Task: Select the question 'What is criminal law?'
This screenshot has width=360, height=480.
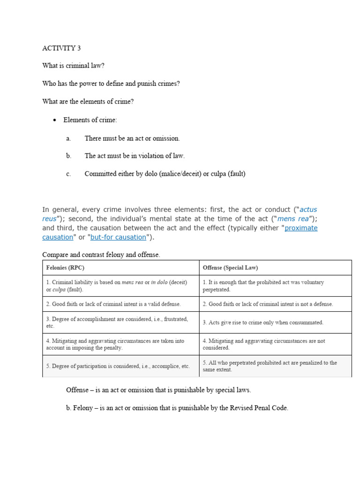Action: [74, 66]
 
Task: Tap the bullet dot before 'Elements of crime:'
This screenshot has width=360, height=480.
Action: [54, 120]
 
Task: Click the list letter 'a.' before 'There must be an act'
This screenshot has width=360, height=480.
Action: [69, 138]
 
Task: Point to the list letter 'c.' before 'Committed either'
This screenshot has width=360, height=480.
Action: [69, 174]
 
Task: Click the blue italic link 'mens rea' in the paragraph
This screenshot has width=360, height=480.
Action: [293, 219]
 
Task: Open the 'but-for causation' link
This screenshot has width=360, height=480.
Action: [118, 237]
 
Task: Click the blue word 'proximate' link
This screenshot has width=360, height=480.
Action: [301, 228]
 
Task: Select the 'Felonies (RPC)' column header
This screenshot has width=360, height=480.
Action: [65, 268]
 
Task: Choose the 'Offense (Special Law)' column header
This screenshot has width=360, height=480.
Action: [230, 268]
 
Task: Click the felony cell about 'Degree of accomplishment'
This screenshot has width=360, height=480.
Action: [117, 322]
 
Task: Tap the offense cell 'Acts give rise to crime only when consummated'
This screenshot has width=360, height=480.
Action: [263, 322]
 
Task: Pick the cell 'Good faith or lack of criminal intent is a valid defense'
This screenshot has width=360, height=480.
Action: [113, 304]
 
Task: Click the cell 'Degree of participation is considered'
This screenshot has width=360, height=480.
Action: [118, 366]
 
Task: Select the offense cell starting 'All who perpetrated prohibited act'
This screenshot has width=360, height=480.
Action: [270, 366]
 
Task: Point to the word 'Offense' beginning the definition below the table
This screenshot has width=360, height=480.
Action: [77, 390]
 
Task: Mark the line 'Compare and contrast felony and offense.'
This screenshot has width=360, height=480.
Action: [101, 255]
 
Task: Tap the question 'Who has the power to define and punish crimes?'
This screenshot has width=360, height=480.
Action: [111, 83]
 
